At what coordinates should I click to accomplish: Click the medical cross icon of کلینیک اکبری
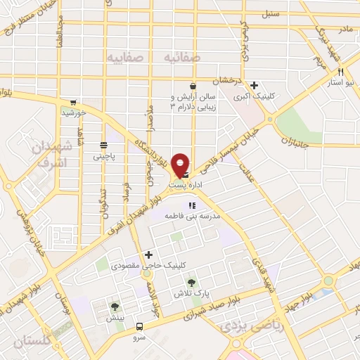254,85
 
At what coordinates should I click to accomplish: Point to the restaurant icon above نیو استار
340,72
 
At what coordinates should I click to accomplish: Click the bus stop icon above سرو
139,326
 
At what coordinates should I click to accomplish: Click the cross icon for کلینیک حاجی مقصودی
148,255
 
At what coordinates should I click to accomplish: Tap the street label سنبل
269,13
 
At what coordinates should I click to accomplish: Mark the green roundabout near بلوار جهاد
328,281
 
